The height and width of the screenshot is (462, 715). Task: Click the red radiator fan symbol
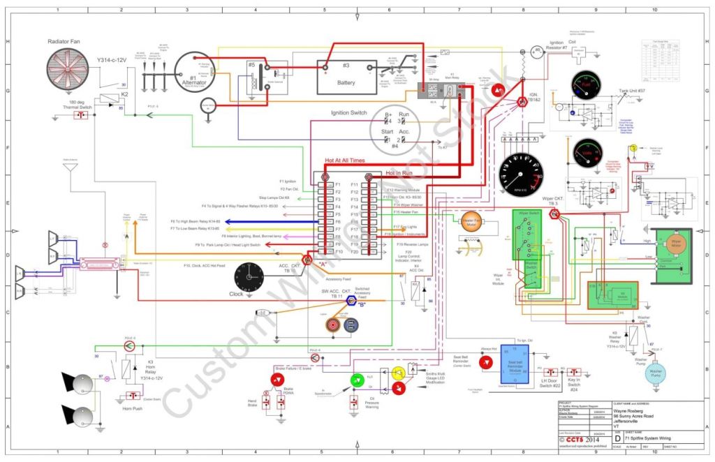pyautogui.click(x=68, y=73)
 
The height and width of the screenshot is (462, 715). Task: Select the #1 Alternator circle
pyautogui.click(x=194, y=73)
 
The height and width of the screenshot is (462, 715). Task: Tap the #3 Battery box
pyautogui.click(x=347, y=76)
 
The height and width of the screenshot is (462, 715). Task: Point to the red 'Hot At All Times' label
pyautogui.click(x=344, y=161)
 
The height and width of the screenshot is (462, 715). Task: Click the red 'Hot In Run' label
pyautogui.click(x=401, y=172)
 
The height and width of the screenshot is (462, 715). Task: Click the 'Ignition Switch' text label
pyautogui.click(x=348, y=113)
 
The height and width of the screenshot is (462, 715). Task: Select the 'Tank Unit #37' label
pyautogui.click(x=631, y=90)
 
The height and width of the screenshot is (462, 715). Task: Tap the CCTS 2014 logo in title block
pyautogui.click(x=581, y=440)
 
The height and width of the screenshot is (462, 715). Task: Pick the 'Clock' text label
pyautogui.click(x=236, y=295)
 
